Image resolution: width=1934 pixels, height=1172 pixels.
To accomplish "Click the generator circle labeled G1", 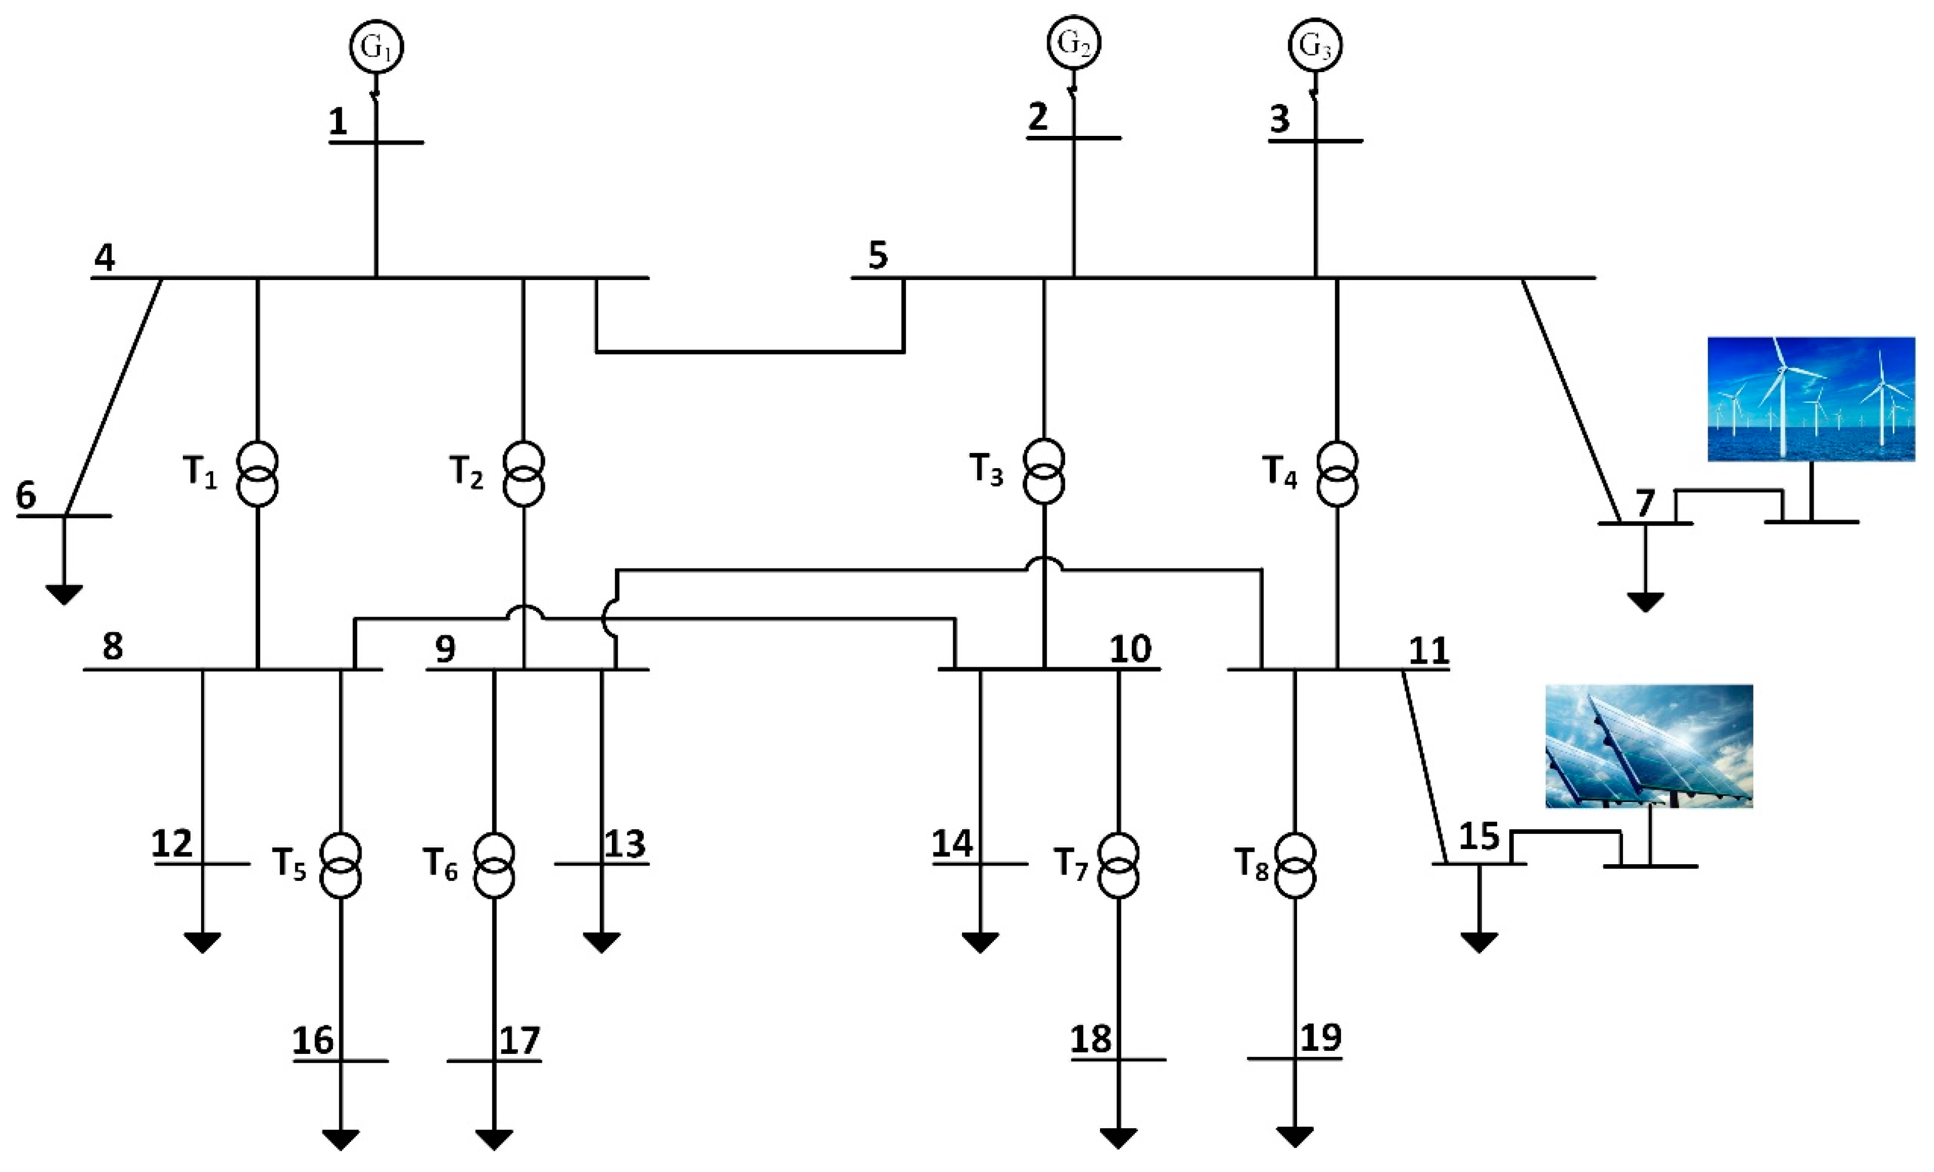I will click(376, 47).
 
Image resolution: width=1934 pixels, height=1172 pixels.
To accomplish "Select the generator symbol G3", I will click(1315, 45).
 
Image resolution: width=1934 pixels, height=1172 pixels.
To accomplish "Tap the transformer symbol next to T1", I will click(258, 473).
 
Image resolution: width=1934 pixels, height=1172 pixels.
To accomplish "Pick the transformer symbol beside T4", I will click(1337, 473).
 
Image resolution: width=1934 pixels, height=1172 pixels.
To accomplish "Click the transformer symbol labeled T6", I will click(494, 865).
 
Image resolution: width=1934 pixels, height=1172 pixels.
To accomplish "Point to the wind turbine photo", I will click(1811, 399).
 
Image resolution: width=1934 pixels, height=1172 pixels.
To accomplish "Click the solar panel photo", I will click(1648, 746).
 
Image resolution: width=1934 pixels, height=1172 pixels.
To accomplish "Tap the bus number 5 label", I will click(877, 255).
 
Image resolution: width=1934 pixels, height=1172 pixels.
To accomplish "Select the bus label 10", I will click(1130, 648).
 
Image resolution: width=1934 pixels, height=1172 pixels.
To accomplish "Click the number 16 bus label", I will click(313, 1041).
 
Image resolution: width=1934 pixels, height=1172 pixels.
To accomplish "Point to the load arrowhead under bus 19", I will click(1295, 1136).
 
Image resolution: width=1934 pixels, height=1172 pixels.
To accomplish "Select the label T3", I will click(987, 469).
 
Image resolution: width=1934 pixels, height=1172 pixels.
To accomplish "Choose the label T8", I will click(1251, 864).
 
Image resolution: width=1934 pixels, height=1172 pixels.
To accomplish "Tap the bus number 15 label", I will click(1479, 837).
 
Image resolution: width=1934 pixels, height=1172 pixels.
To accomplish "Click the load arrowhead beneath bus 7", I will click(1645, 602).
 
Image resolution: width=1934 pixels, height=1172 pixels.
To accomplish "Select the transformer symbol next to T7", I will click(1118, 865).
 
